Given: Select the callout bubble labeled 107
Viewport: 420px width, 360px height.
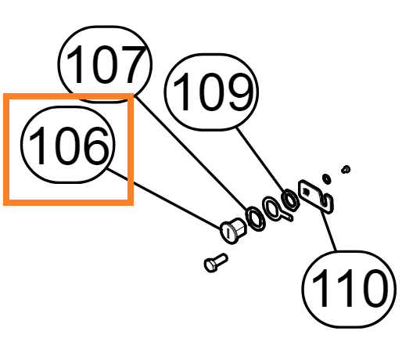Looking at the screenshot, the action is pyautogui.click(x=105, y=64).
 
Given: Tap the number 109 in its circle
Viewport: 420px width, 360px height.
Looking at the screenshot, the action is pyautogui.click(x=214, y=92).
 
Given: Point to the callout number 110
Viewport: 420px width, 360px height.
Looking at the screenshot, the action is pyautogui.click(x=350, y=288).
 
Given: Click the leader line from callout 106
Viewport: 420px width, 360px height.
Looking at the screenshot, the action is pyautogui.click(x=164, y=199).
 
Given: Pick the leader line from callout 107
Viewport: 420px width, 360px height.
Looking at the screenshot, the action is pyautogui.click(x=192, y=153).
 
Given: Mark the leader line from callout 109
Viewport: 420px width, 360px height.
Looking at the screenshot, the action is pyautogui.click(x=260, y=160).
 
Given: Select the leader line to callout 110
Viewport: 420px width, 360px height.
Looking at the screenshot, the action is pyautogui.click(x=328, y=231).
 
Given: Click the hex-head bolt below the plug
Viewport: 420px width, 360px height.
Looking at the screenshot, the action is pyautogui.click(x=216, y=263).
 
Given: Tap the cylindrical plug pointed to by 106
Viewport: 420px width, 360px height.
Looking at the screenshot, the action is pyautogui.click(x=232, y=231).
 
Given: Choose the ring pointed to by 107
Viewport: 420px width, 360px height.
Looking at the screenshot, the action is pyautogui.click(x=256, y=218).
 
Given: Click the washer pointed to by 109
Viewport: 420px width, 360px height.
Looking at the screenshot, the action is pyautogui.click(x=290, y=200).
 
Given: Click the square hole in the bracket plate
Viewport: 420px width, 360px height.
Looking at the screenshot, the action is pyautogui.click(x=306, y=192).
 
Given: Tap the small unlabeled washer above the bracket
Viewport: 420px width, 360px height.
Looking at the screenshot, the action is pyautogui.click(x=327, y=178).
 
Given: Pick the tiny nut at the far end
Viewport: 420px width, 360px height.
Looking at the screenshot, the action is pyautogui.click(x=346, y=169).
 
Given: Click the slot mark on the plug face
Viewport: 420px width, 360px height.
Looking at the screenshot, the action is pyautogui.click(x=228, y=233).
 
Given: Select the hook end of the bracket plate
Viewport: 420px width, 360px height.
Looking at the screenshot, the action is pyautogui.click(x=328, y=203).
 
